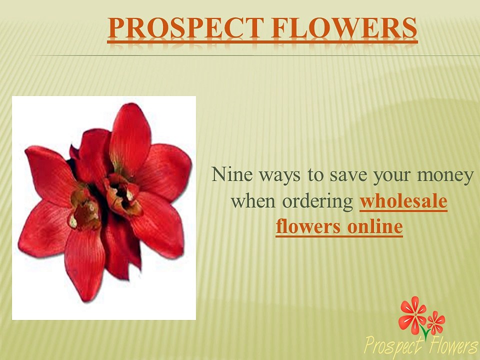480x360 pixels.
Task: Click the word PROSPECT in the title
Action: coord(185,27)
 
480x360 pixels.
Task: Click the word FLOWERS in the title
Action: coord(344,27)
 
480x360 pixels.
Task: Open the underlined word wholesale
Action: coord(403,201)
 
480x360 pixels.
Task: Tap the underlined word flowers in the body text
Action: coord(308,227)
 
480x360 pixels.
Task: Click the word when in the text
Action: coord(253,201)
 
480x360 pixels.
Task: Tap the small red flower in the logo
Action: coord(436,322)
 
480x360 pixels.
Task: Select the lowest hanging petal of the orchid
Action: coord(84,263)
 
